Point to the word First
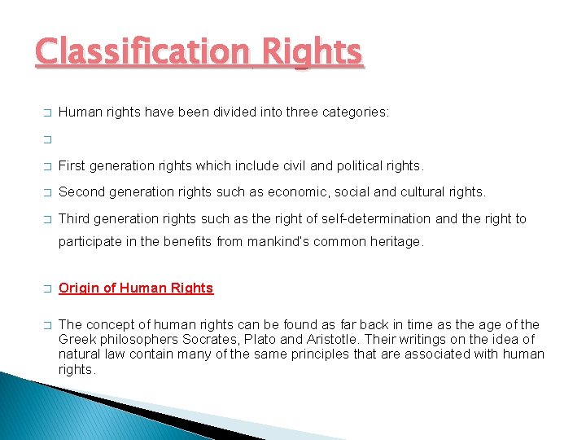coord(72,166)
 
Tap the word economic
coord(274,192)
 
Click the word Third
coord(74,218)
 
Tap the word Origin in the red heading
coord(78,288)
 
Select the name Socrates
coord(212,340)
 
